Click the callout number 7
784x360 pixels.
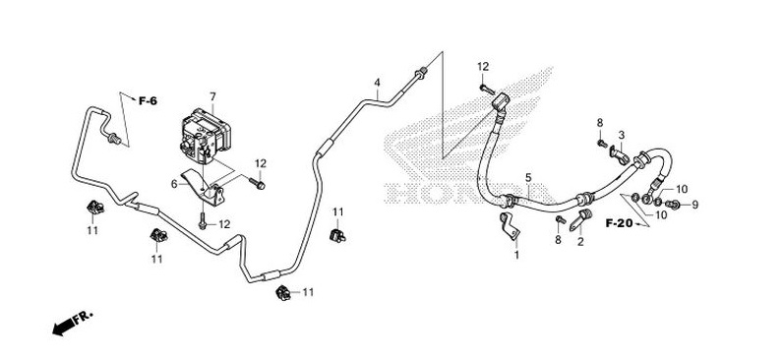pos(211,95)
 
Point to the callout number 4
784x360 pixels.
pos(377,82)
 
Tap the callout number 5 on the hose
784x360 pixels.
pos(528,178)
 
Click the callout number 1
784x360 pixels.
pos(515,255)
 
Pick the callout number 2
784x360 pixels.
pos(580,241)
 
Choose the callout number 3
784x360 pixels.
pos(622,135)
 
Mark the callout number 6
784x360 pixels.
pos(174,183)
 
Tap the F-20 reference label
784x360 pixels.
pos(618,225)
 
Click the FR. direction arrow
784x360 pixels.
pos(69,321)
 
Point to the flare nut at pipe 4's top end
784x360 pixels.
pos(422,71)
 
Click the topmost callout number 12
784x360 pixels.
pos(483,66)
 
